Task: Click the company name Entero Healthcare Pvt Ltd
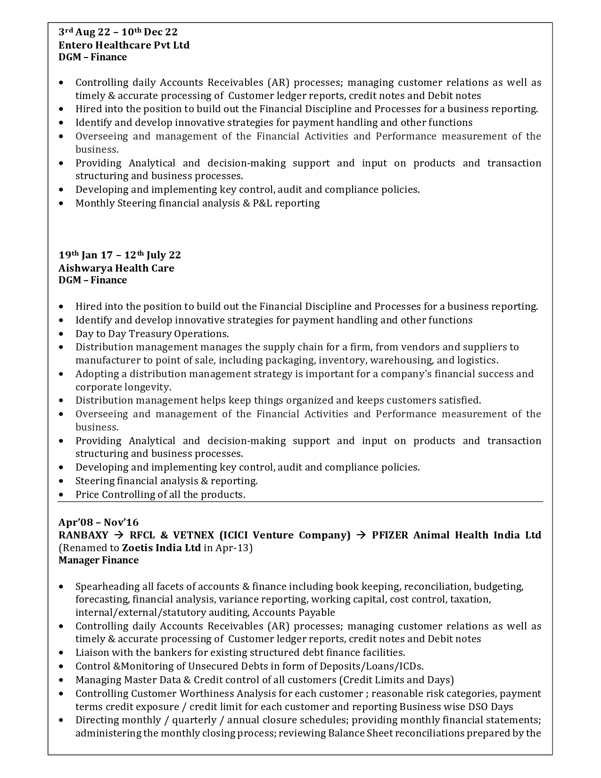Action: tap(124, 45)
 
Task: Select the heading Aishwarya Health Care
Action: tap(116, 268)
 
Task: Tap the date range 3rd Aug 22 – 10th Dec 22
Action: tap(118, 32)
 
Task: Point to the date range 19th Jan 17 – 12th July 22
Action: tap(120, 255)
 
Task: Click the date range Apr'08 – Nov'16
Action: tap(99, 522)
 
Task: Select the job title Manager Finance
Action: tap(99, 560)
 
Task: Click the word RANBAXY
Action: tap(83, 535)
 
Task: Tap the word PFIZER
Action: tap(390, 535)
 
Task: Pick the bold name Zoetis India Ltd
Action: tap(161, 548)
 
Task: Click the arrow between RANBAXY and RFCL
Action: tap(119, 535)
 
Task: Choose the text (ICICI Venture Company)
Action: tap(285, 535)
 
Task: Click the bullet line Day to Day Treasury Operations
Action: tap(152, 333)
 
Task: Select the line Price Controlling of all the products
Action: tap(160, 495)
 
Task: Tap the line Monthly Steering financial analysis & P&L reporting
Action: tap(198, 203)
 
